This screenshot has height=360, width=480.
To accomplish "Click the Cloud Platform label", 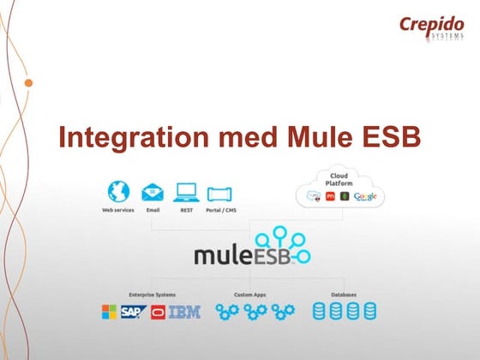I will tap(338, 179).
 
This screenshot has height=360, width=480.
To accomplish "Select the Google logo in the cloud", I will tap(365, 197).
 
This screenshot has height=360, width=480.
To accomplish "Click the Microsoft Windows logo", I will tap(110, 313).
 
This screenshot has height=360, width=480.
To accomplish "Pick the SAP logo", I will tap(133, 313).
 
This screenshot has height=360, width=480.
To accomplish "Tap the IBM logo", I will tap(184, 313).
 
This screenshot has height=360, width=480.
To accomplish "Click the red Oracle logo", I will tap(157, 313).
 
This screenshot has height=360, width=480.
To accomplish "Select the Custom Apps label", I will tap(249, 295).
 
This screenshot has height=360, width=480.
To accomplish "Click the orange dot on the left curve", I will tap(29, 83).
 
